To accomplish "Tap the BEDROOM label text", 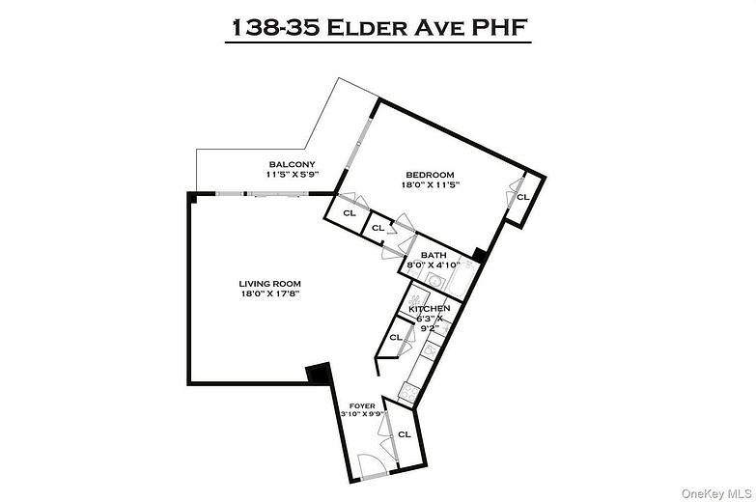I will (429, 174).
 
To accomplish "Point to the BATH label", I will (433, 255).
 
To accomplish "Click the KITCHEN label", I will (429, 308).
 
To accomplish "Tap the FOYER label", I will (362, 405).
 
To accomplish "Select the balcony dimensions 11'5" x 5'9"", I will (293, 175).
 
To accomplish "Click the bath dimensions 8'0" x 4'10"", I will (433, 265).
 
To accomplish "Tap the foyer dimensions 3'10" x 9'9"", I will (363, 414).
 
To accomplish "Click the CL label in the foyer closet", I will (404, 434).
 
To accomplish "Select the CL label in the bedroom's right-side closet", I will (522, 197).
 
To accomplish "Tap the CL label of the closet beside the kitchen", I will (395, 338).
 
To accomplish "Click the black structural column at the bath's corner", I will (477, 257).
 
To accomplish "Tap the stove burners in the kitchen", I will (408, 391).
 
